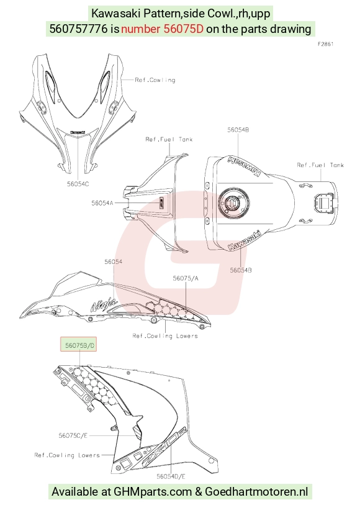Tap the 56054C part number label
(x=78, y=184)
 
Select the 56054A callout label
(x=102, y=203)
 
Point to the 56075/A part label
(x=186, y=278)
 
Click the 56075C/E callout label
(x=73, y=435)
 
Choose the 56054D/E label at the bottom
(x=171, y=476)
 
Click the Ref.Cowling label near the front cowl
(x=155, y=80)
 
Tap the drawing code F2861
(x=326, y=44)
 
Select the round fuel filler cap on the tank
(x=232, y=203)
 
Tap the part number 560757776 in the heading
(x=78, y=29)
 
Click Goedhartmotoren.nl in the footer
(x=256, y=492)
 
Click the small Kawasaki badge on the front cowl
(x=78, y=132)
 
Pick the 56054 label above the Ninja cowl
(x=113, y=262)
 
